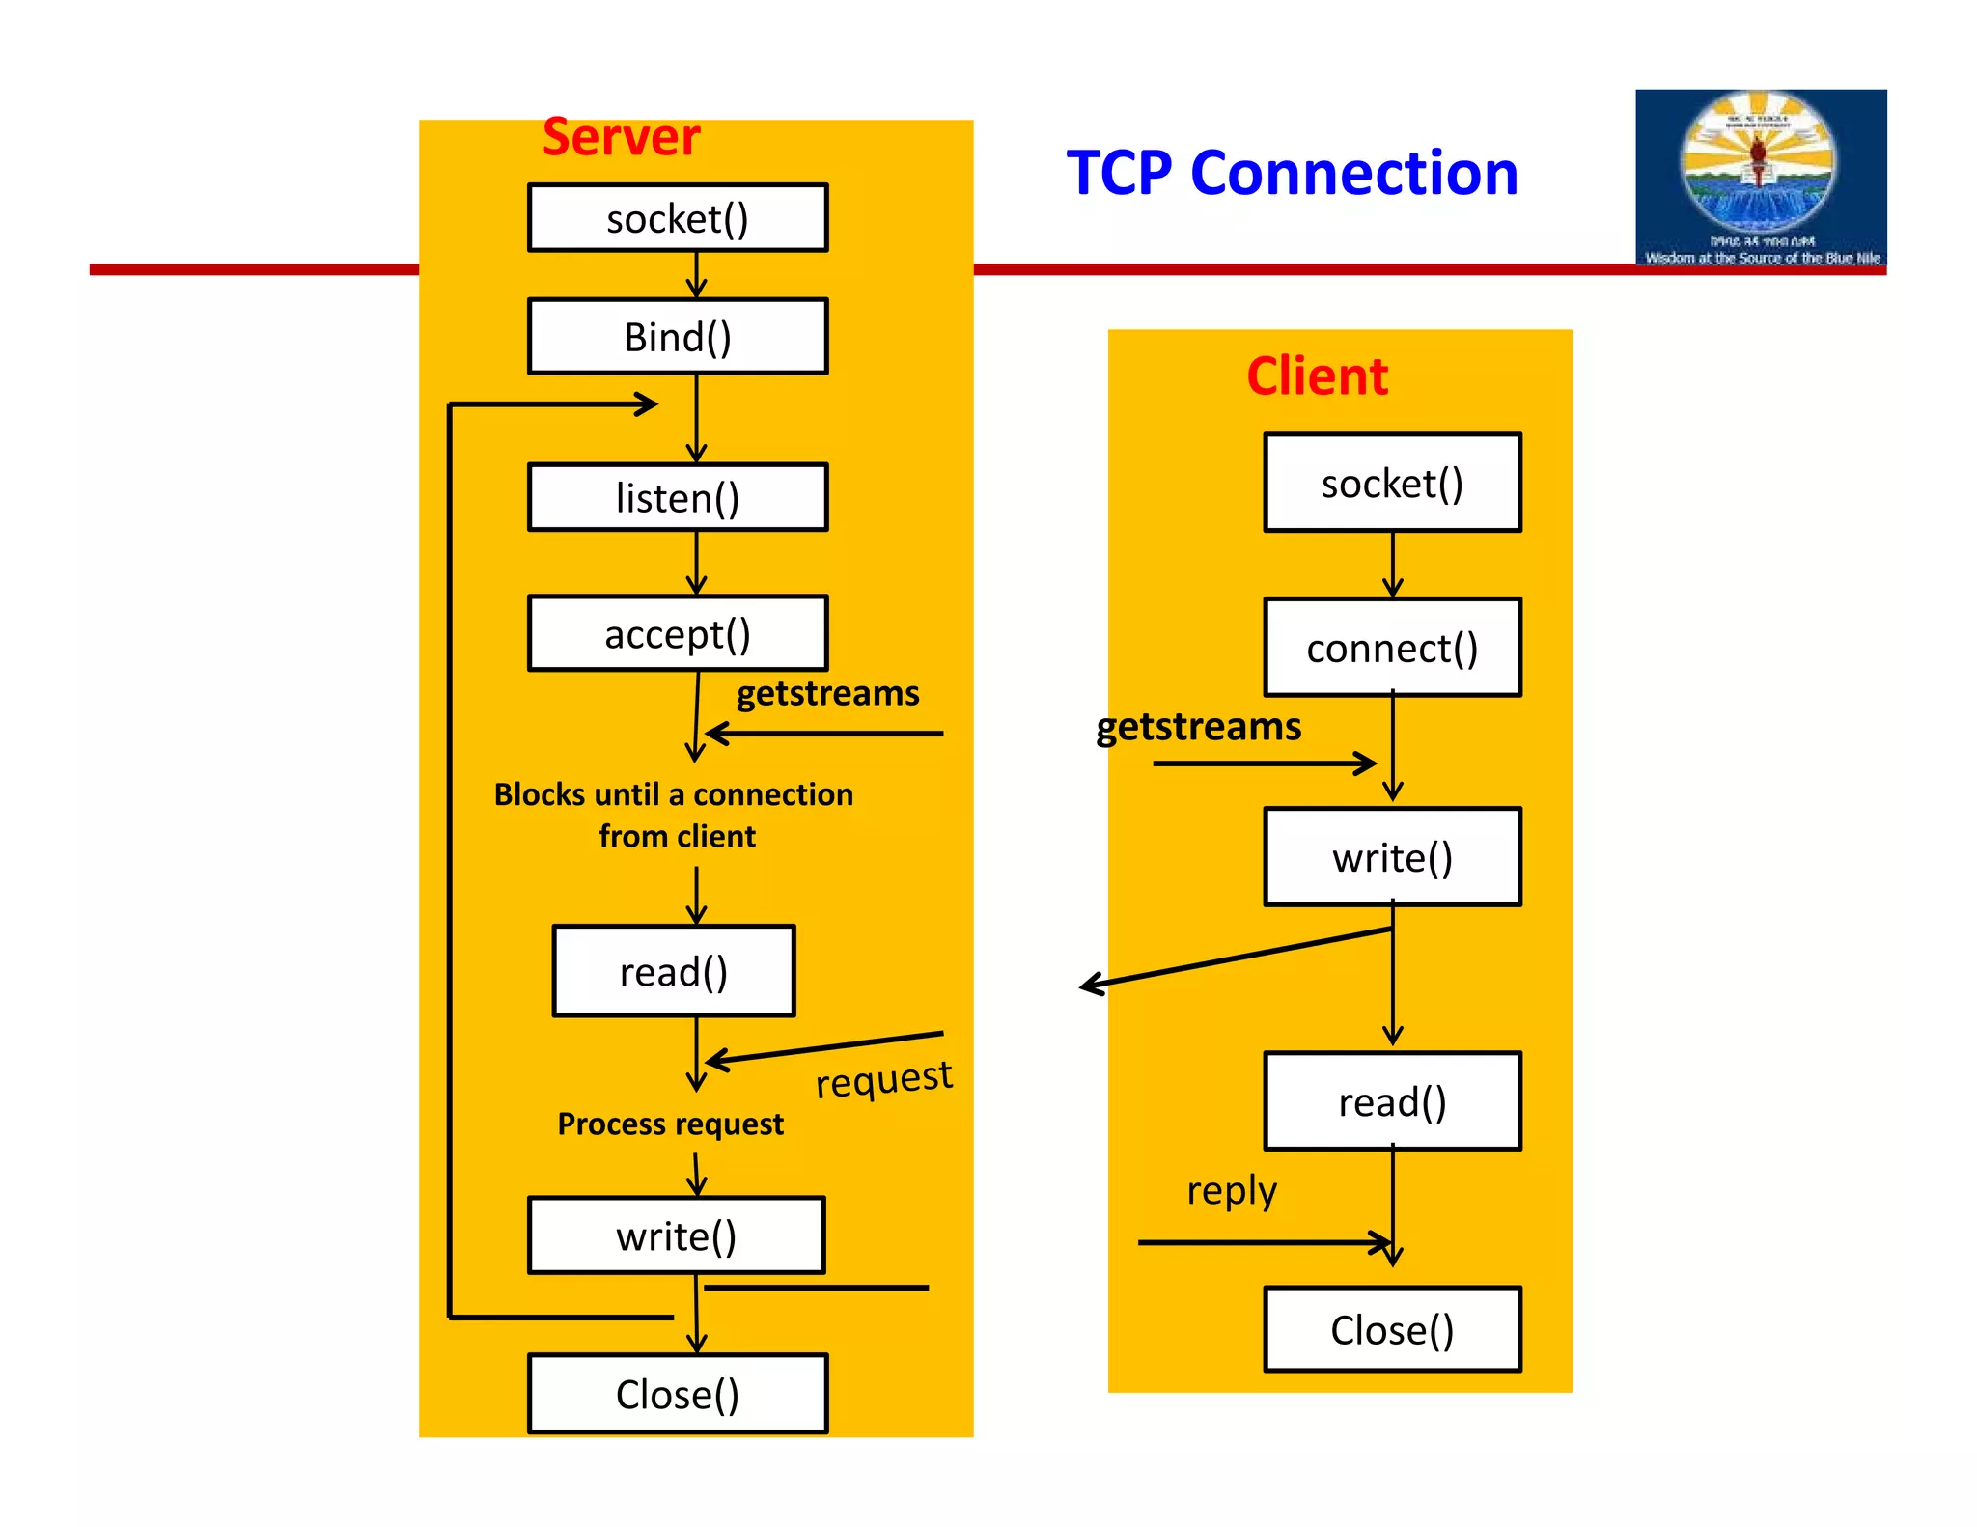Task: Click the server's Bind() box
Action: (x=678, y=336)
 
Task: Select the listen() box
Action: (x=678, y=497)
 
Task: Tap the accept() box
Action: (x=678, y=633)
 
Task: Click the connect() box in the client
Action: (x=1392, y=647)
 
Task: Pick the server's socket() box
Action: (x=678, y=218)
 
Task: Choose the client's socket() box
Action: (x=1392, y=483)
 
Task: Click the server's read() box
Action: (x=674, y=971)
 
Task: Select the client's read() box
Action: (x=1392, y=1101)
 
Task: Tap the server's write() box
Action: (x=677, y=1235)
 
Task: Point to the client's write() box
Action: (x=1392, y=857)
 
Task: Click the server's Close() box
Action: (x=678, y=1394)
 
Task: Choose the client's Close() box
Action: (x=1392, y=1329)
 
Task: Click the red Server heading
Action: (x=621, y=137)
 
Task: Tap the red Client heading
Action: (x=1317, y=375)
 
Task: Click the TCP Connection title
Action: (x=1292, y=174)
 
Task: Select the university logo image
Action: (x=1760, y=178)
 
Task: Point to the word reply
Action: (x=1232, y=1190)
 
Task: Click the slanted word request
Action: (x=883, y=1078)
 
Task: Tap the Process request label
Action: (x=670, y=1124)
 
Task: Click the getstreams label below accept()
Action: (x=827, y=693)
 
